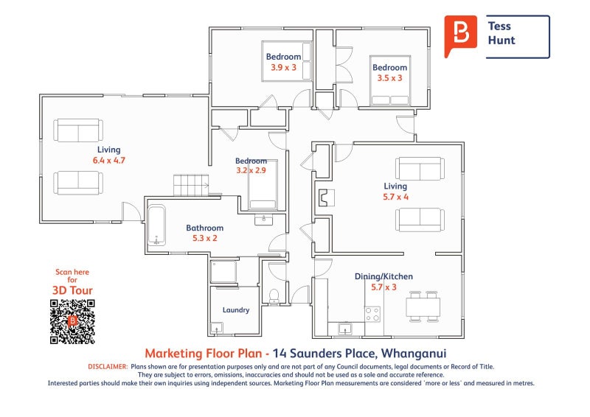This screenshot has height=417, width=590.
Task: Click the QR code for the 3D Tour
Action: (72, 321)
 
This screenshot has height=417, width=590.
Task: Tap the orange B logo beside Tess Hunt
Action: (460, 35)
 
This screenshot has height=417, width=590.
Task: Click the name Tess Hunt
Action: (502, 33)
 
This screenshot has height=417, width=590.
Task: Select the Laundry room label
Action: (236, 310)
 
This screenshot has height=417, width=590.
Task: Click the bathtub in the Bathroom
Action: (156, 225)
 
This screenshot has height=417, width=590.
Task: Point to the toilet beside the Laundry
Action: (274, 295)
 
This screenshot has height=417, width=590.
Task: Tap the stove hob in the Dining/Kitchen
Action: (372, 315)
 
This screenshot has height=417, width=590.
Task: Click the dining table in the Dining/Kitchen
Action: (423, 306)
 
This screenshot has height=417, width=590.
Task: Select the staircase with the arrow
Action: (191, 185)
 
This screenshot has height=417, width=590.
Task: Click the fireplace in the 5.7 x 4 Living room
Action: (327, 197)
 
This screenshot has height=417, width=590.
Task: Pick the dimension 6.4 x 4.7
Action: (109, 160)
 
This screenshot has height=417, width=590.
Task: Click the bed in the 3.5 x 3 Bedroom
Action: (390, 81)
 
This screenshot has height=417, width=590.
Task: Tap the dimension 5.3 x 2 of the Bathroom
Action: (205, 238)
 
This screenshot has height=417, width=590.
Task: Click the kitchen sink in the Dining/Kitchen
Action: (344, 329)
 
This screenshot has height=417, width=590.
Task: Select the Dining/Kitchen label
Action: (383, 276)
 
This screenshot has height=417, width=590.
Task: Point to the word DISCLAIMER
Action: (108, 367)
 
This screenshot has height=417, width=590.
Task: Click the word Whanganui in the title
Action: (414, 354)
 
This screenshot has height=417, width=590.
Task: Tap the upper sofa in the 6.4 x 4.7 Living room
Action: (78, 130)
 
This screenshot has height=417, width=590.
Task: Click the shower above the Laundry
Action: (223, 271)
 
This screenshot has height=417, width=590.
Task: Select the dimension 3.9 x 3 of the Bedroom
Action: (284, 67)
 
